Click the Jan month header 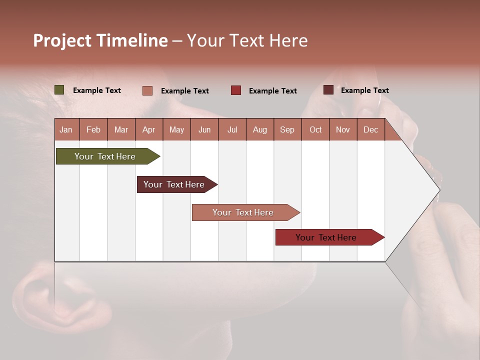coord(66,129)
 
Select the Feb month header coord(93,129)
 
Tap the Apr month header coord(148,129)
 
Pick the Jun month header coord(204,129)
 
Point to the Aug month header coord(259,129)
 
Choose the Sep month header coord(287,129)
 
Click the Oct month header coord(315,129)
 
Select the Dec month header coord(370,129)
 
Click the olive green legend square coord(59,90)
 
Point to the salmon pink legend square coord(147,90)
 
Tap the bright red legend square coord(236,90)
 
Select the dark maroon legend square coord(328,90)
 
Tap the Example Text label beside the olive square coord(97,90)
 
